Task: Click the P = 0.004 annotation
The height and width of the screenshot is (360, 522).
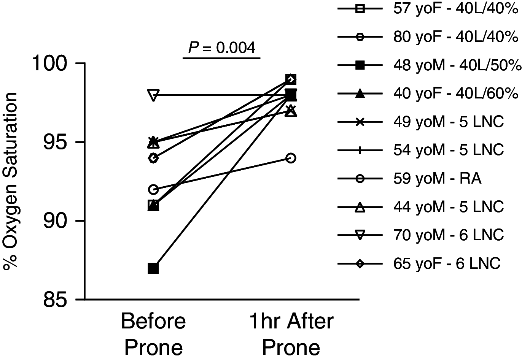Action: point(222,48)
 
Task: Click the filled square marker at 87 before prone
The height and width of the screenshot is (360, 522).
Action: point(153,268)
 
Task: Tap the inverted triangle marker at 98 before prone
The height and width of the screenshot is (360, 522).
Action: point(153,95)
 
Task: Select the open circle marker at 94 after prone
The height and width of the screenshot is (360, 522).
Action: point(291,158)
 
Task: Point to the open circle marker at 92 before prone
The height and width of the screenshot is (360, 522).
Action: point(153,189)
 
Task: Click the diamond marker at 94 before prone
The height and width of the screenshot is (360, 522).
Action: point(153,158)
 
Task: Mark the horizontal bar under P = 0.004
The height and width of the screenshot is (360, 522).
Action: point(222,58)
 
